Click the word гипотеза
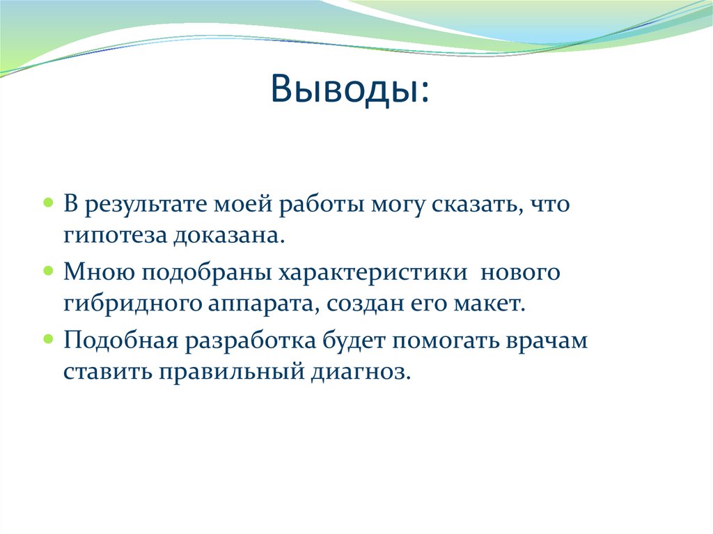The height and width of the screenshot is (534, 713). tap(111, 236)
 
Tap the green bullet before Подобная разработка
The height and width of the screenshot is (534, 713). tap(48, 338)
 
